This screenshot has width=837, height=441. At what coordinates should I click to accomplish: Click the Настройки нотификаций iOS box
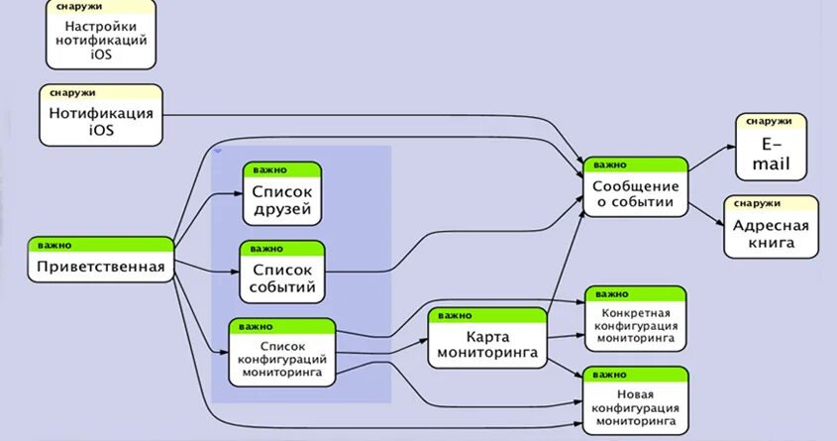pyautogui.click(x=101, y=40)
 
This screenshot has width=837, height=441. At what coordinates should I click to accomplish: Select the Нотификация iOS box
pyautogui.click(x=101, y=120)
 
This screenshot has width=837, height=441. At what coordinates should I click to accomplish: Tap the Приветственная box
pyautogui.click(x=101, y=266)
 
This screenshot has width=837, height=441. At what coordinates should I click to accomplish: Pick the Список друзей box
pyautogui.click(x=282, y=199)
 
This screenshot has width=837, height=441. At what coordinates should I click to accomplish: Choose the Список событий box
pyautogui.click(x=282, y=278)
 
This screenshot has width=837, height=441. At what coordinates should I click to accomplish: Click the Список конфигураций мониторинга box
pyautogui.click(x=282, y=357)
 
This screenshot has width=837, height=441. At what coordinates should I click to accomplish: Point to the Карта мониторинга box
pyautogui.click(x=487, y=343)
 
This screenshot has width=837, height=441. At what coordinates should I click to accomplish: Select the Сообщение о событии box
pyautogui.click(x=634, y=193)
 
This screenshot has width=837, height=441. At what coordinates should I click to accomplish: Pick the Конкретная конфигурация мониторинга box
pyautogui.click(x=635, y=325)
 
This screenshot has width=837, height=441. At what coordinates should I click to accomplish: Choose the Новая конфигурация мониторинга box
pyautogui.click(x=635, y=406)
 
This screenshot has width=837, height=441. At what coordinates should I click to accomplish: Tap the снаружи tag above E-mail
pyautogui.click(x=769, y=120)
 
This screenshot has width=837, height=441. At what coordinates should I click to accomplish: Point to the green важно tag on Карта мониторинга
pyautogui.click(x=455, y=315)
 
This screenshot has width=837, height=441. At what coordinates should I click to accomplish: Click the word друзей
pyautogui.click(x=282, y=209)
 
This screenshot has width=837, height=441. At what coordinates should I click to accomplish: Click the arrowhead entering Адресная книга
pyautogui.click(x=719, y=224)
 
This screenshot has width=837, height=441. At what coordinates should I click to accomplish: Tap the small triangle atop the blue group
pyautogui.click(x=218, y=152)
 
